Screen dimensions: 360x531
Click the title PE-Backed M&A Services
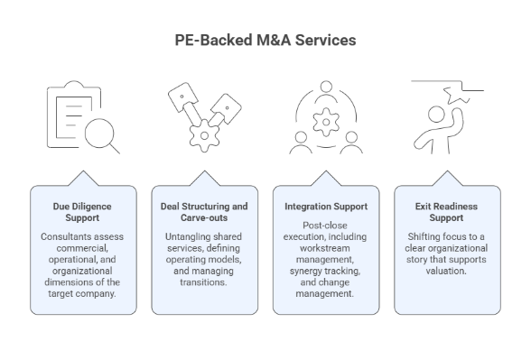coord(265,41)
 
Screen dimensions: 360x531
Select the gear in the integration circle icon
coord(325,116)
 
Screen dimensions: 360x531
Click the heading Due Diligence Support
coord(82,212)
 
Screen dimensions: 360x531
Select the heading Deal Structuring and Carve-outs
coord(204,212)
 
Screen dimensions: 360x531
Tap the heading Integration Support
coord(325,207)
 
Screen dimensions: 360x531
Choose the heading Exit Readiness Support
coord(447,212)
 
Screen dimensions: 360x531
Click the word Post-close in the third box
coord(325,224)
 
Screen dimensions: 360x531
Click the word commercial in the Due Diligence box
coord(81,249)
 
